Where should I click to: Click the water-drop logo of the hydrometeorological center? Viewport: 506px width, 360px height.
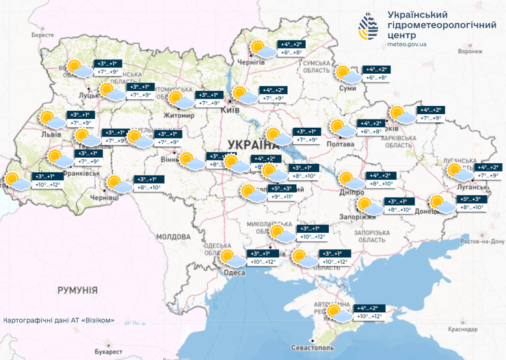(367, 27)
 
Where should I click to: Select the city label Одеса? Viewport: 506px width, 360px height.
(234, 273)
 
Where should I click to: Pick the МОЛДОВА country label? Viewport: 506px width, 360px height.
(174, 236)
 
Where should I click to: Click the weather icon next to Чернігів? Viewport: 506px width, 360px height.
(261, 49)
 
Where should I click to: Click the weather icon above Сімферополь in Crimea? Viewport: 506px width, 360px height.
(337, 313)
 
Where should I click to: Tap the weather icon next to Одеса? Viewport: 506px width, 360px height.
(231, 258)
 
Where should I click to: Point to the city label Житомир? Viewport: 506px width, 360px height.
(178, 115)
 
